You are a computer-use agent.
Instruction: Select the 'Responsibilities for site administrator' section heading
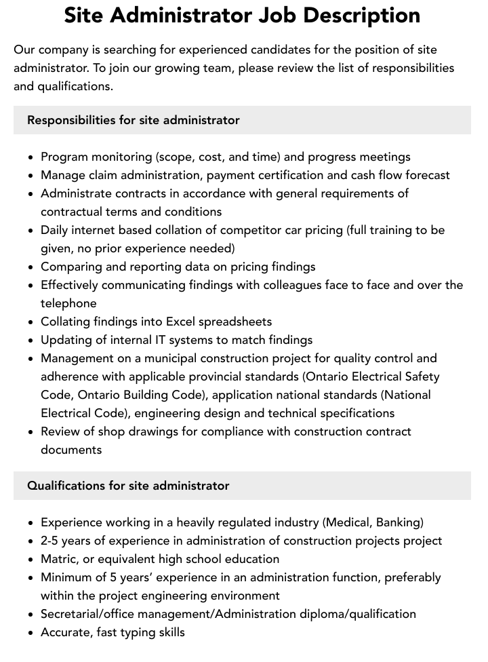pyautogui.click(x=134, y=120)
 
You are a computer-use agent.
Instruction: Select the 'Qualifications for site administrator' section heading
pyautogui.click(x=128, y=486)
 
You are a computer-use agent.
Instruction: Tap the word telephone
pyautogui.click(x=68, y=303)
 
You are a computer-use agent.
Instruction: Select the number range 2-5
pyautogui.click(x=53, y=541)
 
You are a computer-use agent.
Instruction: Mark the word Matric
pyautogui.click(x=58, y=559)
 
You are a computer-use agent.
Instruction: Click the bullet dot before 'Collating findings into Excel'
pyautogui.click(x=31, y=322)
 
